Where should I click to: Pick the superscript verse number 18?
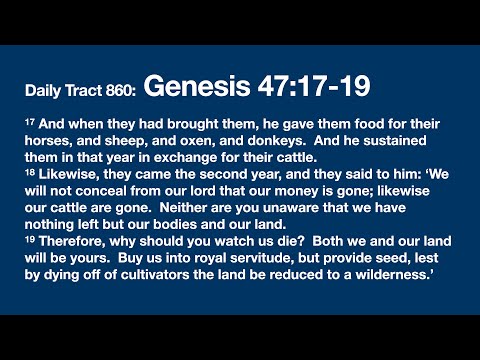pos(30,170)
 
